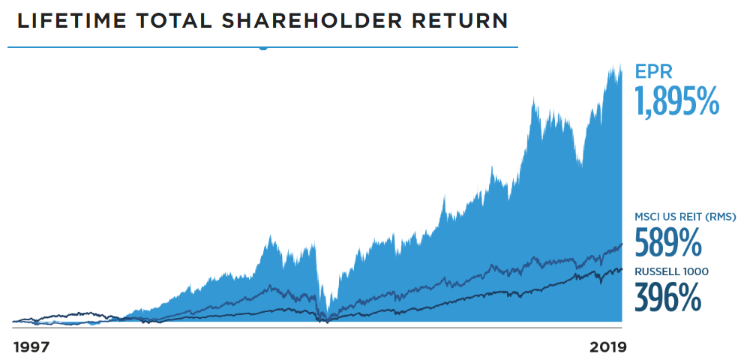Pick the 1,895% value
(x=677, y=100)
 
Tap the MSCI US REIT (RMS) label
(x=685, y=217)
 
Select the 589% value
(x=667, y=241)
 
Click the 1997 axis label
(x=31, y=347)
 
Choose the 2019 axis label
(x=607, y=347)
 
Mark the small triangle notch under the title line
(x=263, y=49)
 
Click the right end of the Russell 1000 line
(x=622, y=269)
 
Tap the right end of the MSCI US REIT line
(x=622, y=244)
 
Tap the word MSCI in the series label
(x=645, y=217)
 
